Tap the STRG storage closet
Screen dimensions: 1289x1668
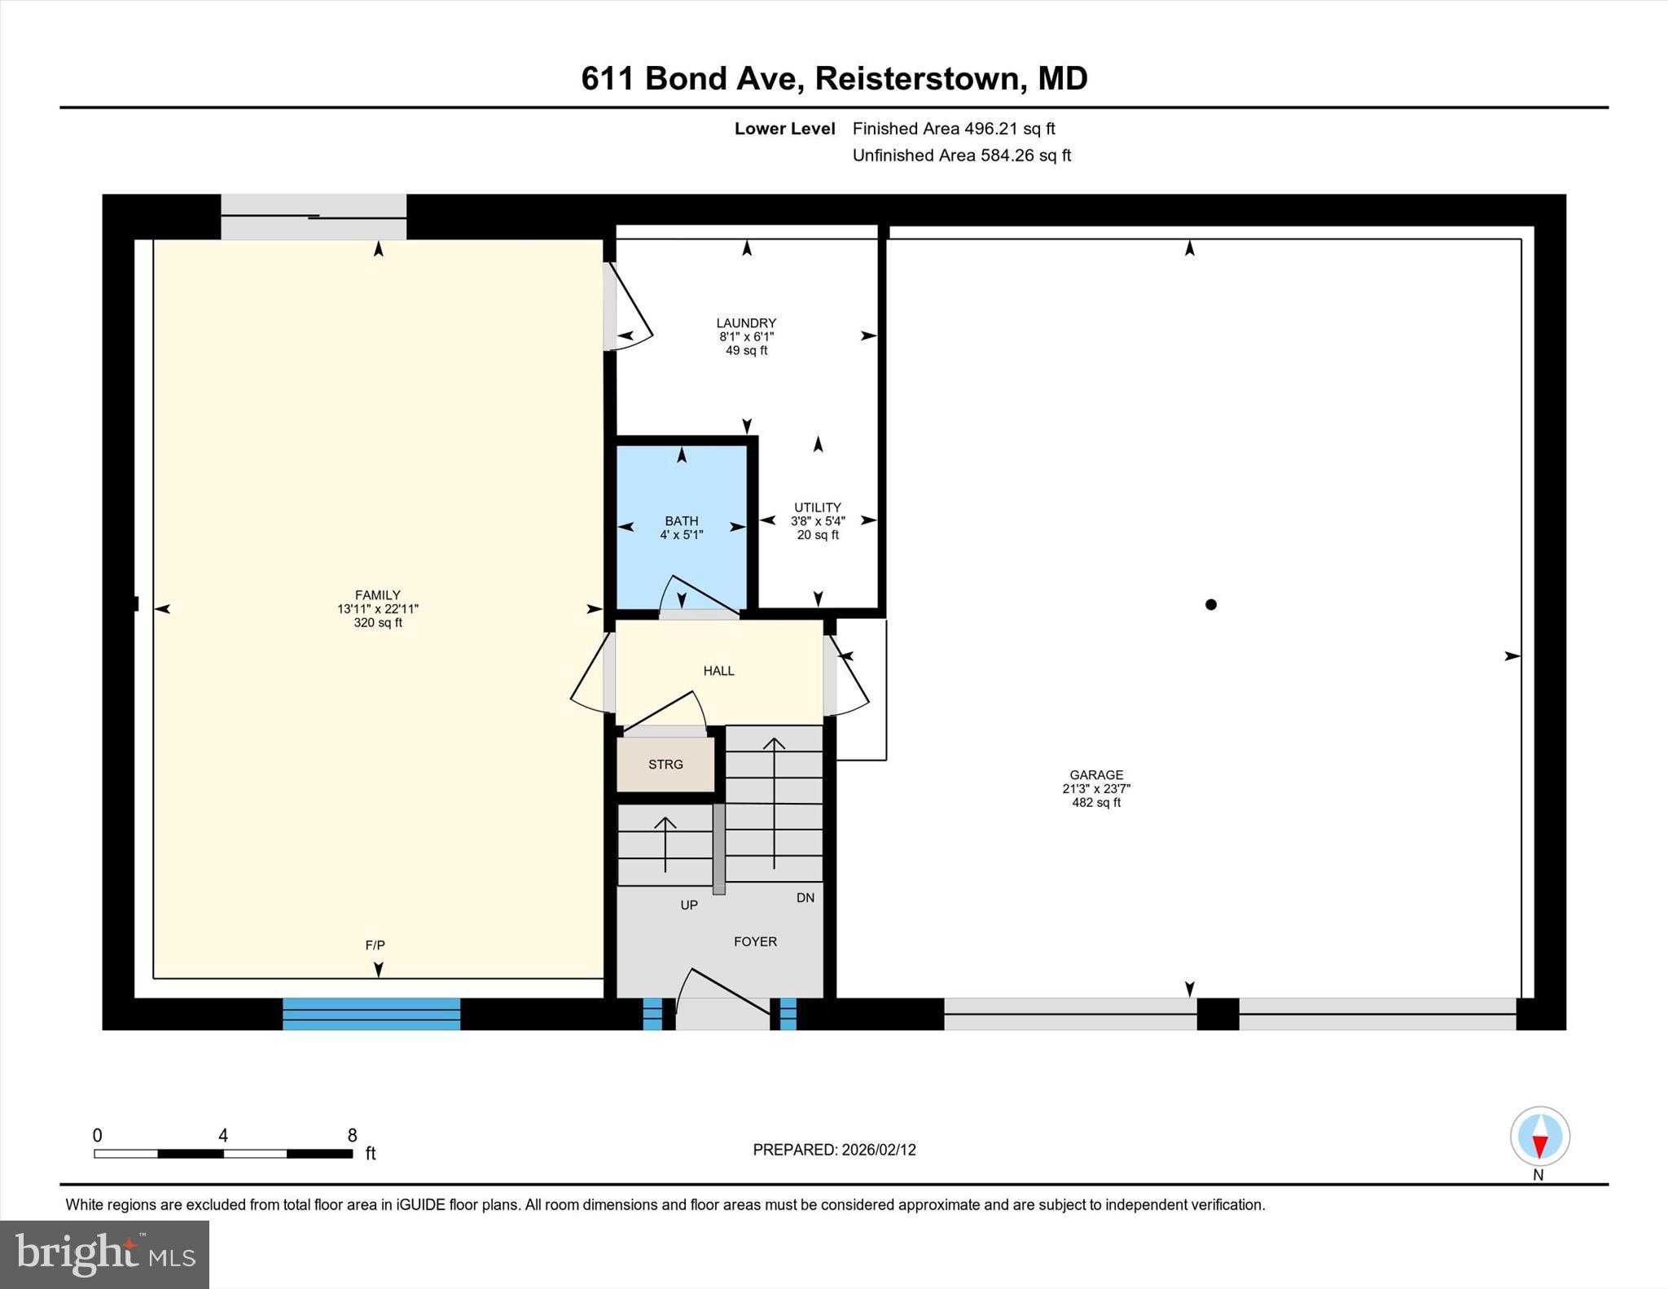665,764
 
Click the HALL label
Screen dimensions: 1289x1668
718,671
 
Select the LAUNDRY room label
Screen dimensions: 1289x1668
746,323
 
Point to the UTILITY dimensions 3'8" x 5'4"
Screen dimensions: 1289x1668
818,521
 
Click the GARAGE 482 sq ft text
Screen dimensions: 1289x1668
1096,803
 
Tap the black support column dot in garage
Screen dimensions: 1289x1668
1211,604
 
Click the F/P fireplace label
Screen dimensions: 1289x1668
375,945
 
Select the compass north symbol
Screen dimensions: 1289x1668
1539,1137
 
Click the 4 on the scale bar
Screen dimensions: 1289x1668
223,1136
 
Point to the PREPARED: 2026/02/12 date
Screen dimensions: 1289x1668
834,1150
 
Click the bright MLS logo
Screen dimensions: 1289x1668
104,1255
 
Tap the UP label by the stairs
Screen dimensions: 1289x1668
689,905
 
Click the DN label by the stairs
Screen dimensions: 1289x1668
805,897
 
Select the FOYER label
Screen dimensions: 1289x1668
755,941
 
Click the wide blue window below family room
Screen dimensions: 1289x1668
371,1015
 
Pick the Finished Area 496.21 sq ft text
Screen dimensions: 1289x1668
953,129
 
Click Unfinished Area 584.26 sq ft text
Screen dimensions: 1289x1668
961,156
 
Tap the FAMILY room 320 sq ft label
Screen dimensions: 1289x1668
378,623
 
